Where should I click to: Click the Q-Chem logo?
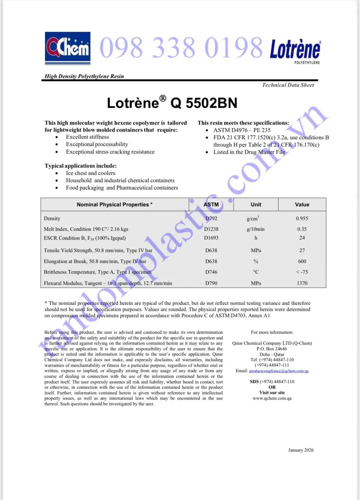68,48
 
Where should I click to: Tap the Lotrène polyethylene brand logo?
295,51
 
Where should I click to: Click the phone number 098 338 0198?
181,48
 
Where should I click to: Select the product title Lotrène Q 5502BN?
172,103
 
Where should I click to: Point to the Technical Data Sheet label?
288,85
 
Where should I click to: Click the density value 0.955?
302,218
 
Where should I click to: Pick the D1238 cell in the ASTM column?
211,229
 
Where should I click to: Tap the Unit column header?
256,205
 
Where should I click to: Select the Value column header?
302,205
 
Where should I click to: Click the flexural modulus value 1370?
302,283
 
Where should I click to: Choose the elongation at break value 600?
302,261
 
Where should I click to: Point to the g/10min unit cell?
255,229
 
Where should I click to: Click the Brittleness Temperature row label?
98,272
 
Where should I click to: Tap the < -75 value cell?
302,272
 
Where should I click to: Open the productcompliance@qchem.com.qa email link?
279,371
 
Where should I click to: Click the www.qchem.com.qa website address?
272,398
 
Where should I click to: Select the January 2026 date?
301,450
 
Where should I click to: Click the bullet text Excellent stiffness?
87,137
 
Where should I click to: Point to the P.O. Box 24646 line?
272,349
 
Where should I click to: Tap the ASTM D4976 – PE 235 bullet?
242,130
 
